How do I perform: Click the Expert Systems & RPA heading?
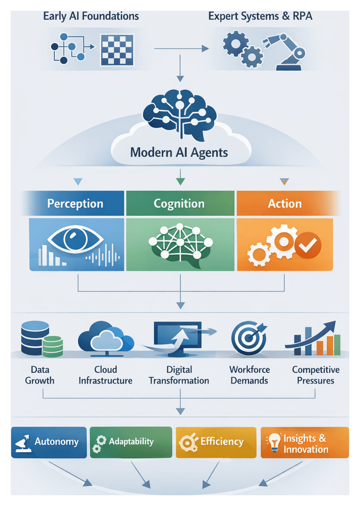coord(260,16)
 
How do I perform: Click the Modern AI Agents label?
coord(179,152)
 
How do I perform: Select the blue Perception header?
coord(75,204)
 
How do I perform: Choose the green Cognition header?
coord(179,204)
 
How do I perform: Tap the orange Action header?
coord(284,204)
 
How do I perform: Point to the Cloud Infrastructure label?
coord(106,375)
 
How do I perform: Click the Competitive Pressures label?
coord(315,375)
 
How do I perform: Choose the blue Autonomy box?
coord(49,442)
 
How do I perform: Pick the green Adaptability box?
coord(131,442)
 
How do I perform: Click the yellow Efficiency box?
coord(216,442)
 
